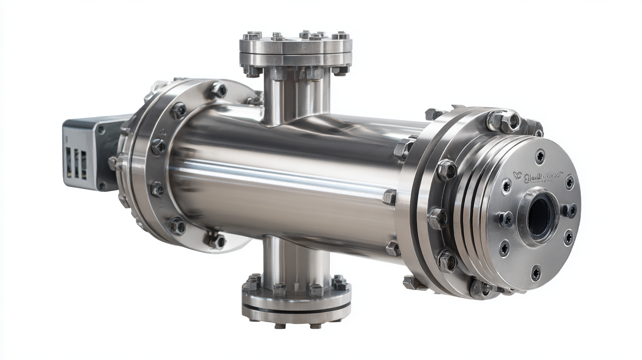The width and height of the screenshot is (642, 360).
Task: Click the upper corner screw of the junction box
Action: coord(101,130)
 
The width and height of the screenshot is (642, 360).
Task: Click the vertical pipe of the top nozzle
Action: coord(296,97)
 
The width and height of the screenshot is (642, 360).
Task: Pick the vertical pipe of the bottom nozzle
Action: coord(296,258)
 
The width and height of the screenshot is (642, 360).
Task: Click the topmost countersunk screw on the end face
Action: coord(540,156)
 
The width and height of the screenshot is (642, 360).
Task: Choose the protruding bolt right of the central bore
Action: coord(570,210)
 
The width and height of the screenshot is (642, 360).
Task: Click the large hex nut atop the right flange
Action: coord(504,120)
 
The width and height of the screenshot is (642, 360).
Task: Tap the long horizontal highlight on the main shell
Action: coord(282,176)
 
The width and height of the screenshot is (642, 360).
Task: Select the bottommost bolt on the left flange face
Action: coord(216,240)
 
